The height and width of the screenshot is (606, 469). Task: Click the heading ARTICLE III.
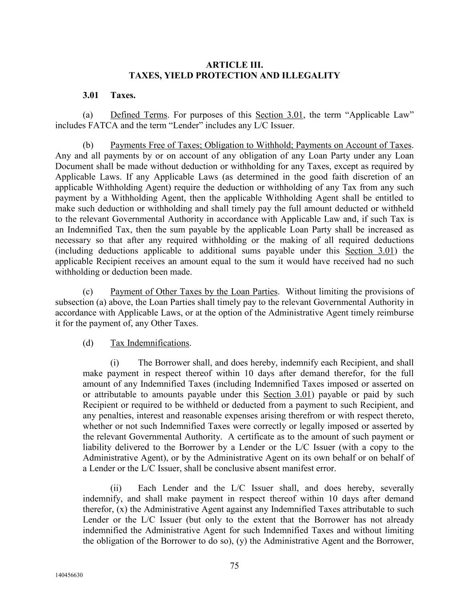coord(234,65)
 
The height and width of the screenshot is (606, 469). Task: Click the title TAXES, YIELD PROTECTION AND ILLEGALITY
coord(234,75)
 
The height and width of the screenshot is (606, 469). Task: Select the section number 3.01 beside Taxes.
coord(90,95)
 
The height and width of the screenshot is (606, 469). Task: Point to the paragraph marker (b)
coord(88,145)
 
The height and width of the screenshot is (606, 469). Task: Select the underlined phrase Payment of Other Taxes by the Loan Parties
coord(194,292)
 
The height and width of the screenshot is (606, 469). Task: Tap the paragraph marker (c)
coord(88,292)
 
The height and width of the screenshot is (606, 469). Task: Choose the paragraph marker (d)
coord(88,343)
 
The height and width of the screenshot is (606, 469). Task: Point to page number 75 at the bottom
coord(234,565)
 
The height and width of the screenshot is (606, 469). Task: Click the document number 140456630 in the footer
coord(69,575)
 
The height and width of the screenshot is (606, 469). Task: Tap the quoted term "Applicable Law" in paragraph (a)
coord(380,115)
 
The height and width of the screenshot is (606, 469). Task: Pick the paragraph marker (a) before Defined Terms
coord(88,115)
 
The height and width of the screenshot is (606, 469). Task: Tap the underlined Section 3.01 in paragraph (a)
coord(279,115)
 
